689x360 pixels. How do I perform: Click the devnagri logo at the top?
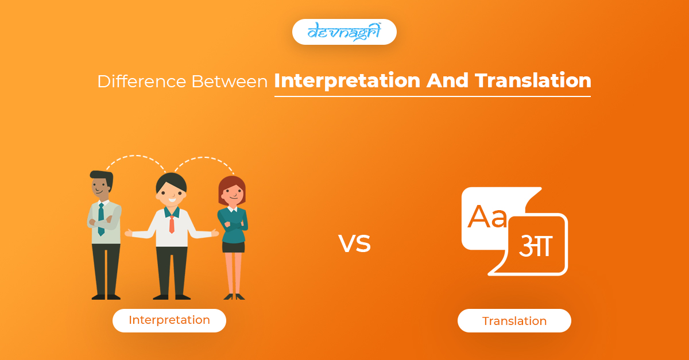pyautogui.click(x=344, y=32)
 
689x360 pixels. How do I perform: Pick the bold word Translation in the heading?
pyautogui.click(x=533, y=81)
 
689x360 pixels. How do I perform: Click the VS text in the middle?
pyautogui.click(x=354, y=243)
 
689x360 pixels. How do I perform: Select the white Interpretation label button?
pyautogui.click(x=169, y=320)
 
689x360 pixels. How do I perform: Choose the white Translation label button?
pyautogui.click(x=514, y=320)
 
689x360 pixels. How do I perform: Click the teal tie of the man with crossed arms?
pyautogui.click(x=101, y=218)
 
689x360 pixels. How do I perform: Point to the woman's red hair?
pyautogui.click(x=231, y=184)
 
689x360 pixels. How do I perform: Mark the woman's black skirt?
pyautogui.click(x=233, y=245)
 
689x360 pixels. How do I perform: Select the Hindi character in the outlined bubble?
pyautogui.click(x=535, y=245)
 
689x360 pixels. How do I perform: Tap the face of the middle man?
pyautogui.click(x=171, y=192)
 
